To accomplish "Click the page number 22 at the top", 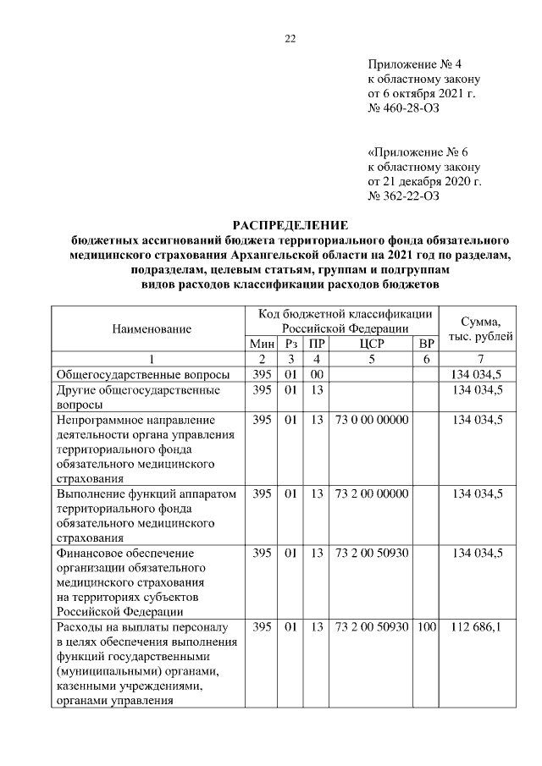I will (290, 39).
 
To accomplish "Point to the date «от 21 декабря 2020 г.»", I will (424, 181).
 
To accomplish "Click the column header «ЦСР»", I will (371, 344).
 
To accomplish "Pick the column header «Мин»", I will (262, 344).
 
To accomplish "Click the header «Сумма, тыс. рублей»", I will (479, 328).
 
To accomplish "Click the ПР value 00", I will (317, 374).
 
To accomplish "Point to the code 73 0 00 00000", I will (371, 419).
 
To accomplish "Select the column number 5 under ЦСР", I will (371, 359).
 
